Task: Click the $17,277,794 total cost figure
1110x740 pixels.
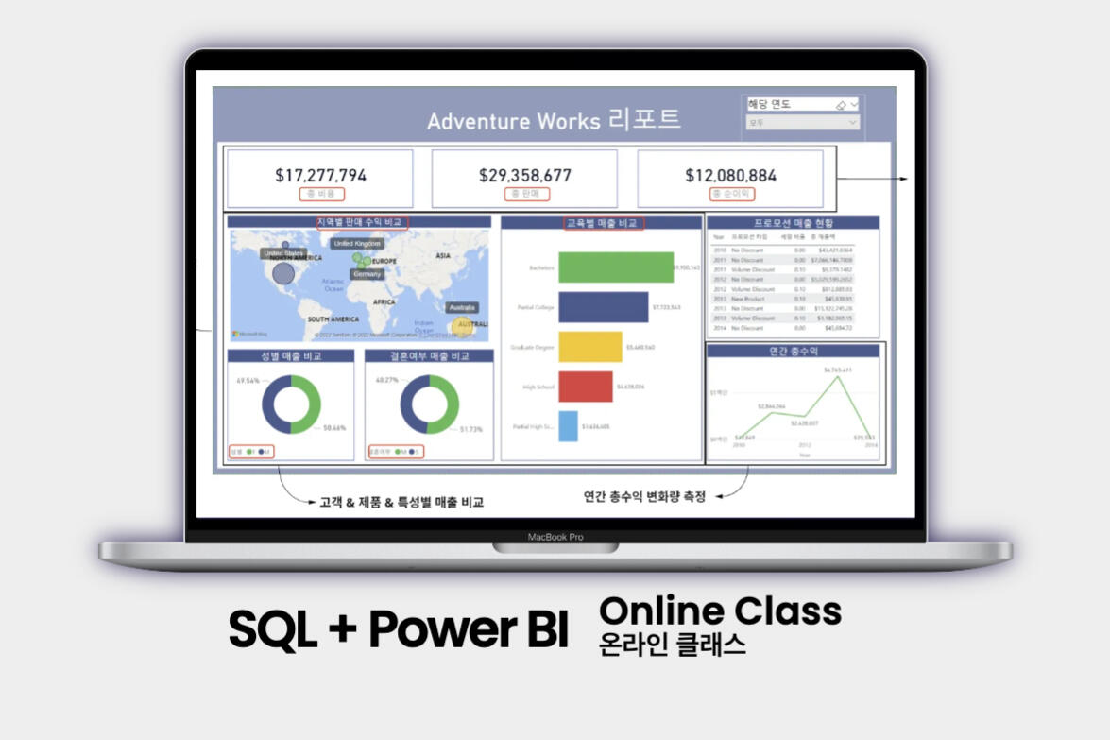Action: click(x=320, y=175)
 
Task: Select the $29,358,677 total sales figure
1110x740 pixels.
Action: click(x=525, y=175)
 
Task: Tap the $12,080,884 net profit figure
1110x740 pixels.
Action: click(x=730, y=175)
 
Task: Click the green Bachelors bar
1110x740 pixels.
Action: click(x=615, y=267)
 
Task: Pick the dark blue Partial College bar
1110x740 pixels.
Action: click(x=603, y=307)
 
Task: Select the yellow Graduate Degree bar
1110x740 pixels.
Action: click(x=589, y=347)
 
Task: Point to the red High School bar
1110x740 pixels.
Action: click(x=585, y=386)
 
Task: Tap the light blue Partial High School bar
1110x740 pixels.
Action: click(x=568, y=426)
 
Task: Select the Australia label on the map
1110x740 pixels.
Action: click(x=462, y=308)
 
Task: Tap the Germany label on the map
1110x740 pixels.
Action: click(x=367, y=274)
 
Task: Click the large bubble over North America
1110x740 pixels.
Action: click(x=283, y=274)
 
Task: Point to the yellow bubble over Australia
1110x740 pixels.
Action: click(x=463, y=326)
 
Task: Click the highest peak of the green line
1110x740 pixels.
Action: click(x=837, y=375)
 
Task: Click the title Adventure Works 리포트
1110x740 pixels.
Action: click(x=553, y=120)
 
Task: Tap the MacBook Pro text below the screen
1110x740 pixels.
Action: click(x=555, y=537)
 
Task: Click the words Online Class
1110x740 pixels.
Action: click(x=720, y=611)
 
